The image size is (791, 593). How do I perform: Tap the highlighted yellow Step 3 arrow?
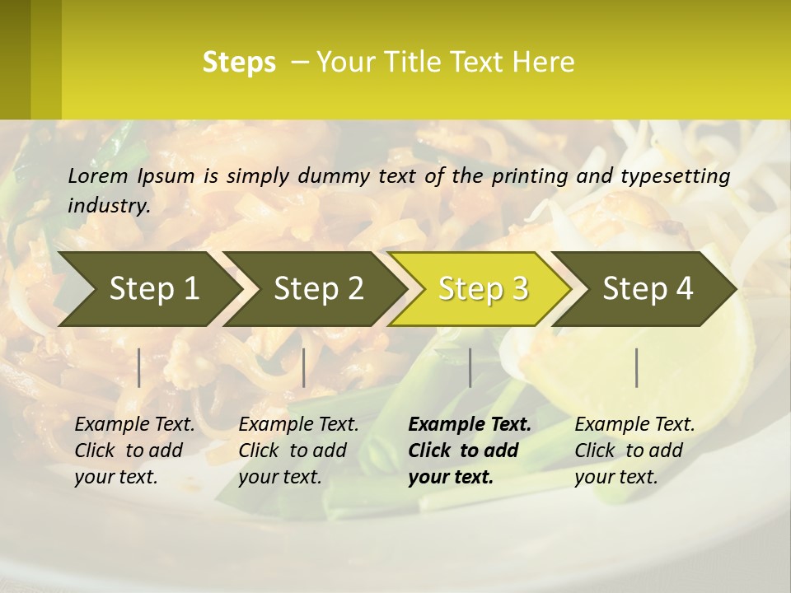[x=483, y=289]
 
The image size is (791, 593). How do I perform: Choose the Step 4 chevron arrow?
[x=648, y=289]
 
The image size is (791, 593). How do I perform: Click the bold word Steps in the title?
[x=239, y=63]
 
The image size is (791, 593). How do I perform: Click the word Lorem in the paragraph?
[x=98, y=176]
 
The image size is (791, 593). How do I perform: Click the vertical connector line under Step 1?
[x=139, y=367]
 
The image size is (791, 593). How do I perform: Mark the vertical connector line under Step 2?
[x=304, y=367]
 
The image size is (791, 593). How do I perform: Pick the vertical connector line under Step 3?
[x=470, y=367]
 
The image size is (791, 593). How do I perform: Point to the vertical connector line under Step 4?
[x=637, y=367]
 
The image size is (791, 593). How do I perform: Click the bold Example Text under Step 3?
[x=470, y=425]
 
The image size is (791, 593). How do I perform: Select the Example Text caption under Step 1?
[x=134, y=425]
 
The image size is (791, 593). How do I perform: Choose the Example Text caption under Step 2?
[x=298, y=425]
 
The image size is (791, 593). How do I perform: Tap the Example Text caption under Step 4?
[x=634, y=425]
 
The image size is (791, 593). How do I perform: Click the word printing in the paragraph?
[x=531, y=176]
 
